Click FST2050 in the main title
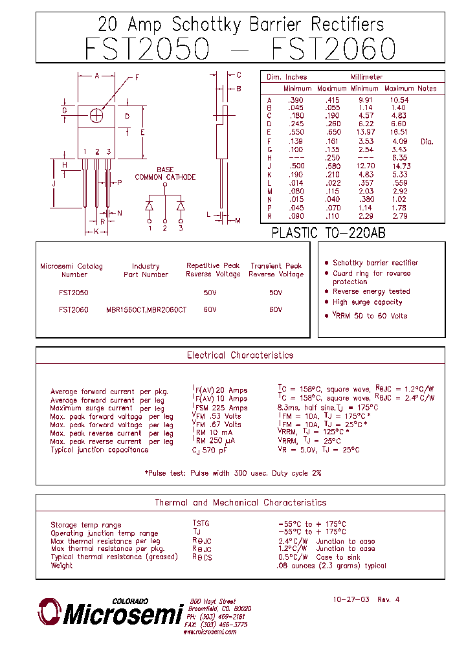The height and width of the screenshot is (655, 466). coord(147,50)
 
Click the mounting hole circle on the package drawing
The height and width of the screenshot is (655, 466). coord(97,115)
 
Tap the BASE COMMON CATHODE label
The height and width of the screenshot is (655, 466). coord(165,173)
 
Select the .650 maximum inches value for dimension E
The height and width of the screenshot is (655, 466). coord(333,131)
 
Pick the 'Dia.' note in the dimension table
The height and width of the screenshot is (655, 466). coord(427,141)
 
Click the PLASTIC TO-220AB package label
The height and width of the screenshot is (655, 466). coord(328,233)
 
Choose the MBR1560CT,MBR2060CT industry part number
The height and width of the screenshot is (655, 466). coord(146,310)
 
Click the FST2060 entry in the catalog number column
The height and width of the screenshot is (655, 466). coord(73,310)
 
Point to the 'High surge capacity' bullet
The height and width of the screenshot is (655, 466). coord(367,302)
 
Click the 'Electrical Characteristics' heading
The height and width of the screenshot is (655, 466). coord(240,355)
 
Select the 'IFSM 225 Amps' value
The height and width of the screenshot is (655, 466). coord(220,408)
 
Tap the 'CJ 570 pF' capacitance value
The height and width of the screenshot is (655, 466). coord(210,450)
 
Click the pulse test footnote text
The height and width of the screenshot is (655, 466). coord(233,473)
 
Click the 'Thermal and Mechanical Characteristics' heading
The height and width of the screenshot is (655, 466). coord(240,502)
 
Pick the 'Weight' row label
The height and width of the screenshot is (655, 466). coord(62,566)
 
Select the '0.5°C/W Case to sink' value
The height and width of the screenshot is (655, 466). coord(318,557)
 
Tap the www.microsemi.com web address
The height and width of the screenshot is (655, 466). coord(210,632)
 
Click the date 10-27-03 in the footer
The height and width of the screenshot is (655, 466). coord(351,599)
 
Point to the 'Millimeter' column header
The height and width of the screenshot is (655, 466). coord(367,77)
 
